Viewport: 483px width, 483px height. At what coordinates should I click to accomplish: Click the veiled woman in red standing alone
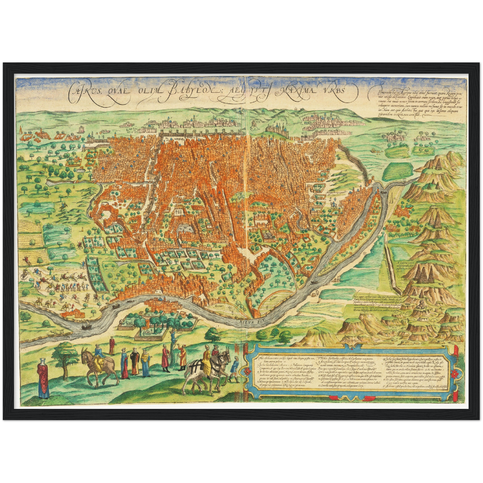pos(43,377)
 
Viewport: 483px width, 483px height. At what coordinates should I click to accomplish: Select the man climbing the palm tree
pos(173,337)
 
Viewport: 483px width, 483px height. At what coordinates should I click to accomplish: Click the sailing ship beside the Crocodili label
pos(86,325)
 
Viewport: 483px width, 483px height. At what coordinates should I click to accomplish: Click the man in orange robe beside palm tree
pos(183,358)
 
